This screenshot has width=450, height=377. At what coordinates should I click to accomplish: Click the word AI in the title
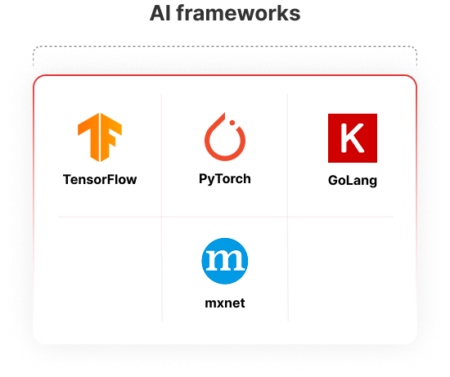coord(160,13)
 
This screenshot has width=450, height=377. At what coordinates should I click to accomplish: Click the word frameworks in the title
coord(238,13)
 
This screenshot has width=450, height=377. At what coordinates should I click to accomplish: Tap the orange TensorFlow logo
coord(100,137)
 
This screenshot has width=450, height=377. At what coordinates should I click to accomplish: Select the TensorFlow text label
coord(100,180)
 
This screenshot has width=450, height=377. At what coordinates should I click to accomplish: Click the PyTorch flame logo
coord(225,137)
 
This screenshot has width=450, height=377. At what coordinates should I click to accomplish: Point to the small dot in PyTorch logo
coord(232,123)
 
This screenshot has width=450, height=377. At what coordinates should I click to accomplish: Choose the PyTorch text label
coord(225,179)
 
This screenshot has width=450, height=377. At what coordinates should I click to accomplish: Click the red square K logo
coord(353,138)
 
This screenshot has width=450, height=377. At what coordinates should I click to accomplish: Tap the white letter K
coord(352,138)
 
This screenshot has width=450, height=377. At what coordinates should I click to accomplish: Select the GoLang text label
coord(353,181)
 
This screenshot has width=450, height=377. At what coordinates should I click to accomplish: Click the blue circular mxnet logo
coord(225,261)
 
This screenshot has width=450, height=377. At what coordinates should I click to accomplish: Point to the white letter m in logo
coord(225,261)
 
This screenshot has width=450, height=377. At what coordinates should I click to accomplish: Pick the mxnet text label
coord(225,303)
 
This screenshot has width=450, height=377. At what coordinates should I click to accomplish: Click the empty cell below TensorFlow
coord(110,269)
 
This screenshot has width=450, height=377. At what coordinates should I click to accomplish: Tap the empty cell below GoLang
coord(340,269)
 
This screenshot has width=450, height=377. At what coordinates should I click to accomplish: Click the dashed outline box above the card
coord(225,46)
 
